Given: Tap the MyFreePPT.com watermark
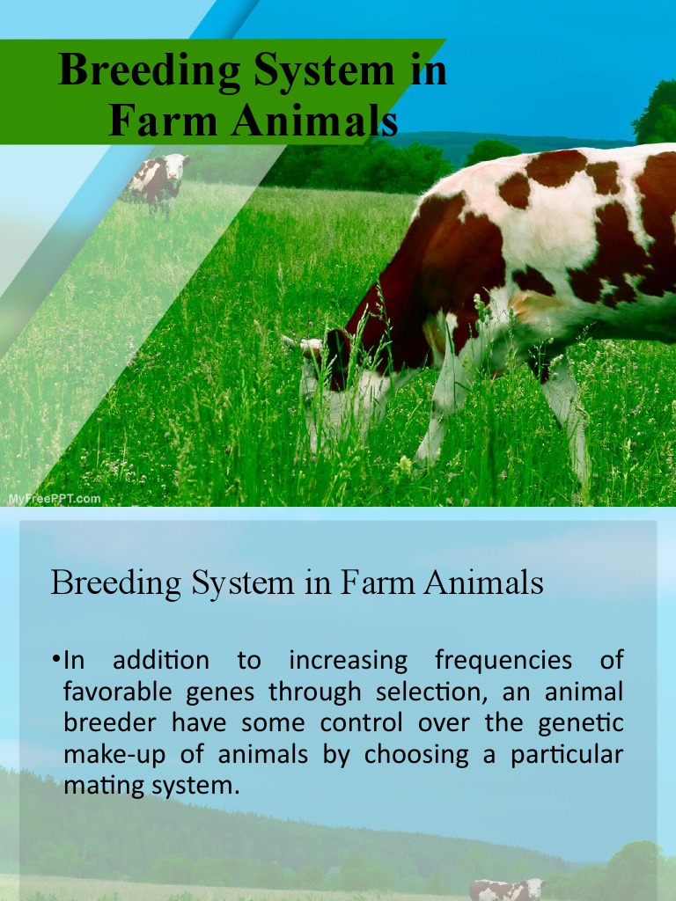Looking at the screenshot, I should point(55,499).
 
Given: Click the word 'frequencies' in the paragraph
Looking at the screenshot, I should point(503,661).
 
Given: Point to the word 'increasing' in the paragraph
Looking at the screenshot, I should point(349,661).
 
